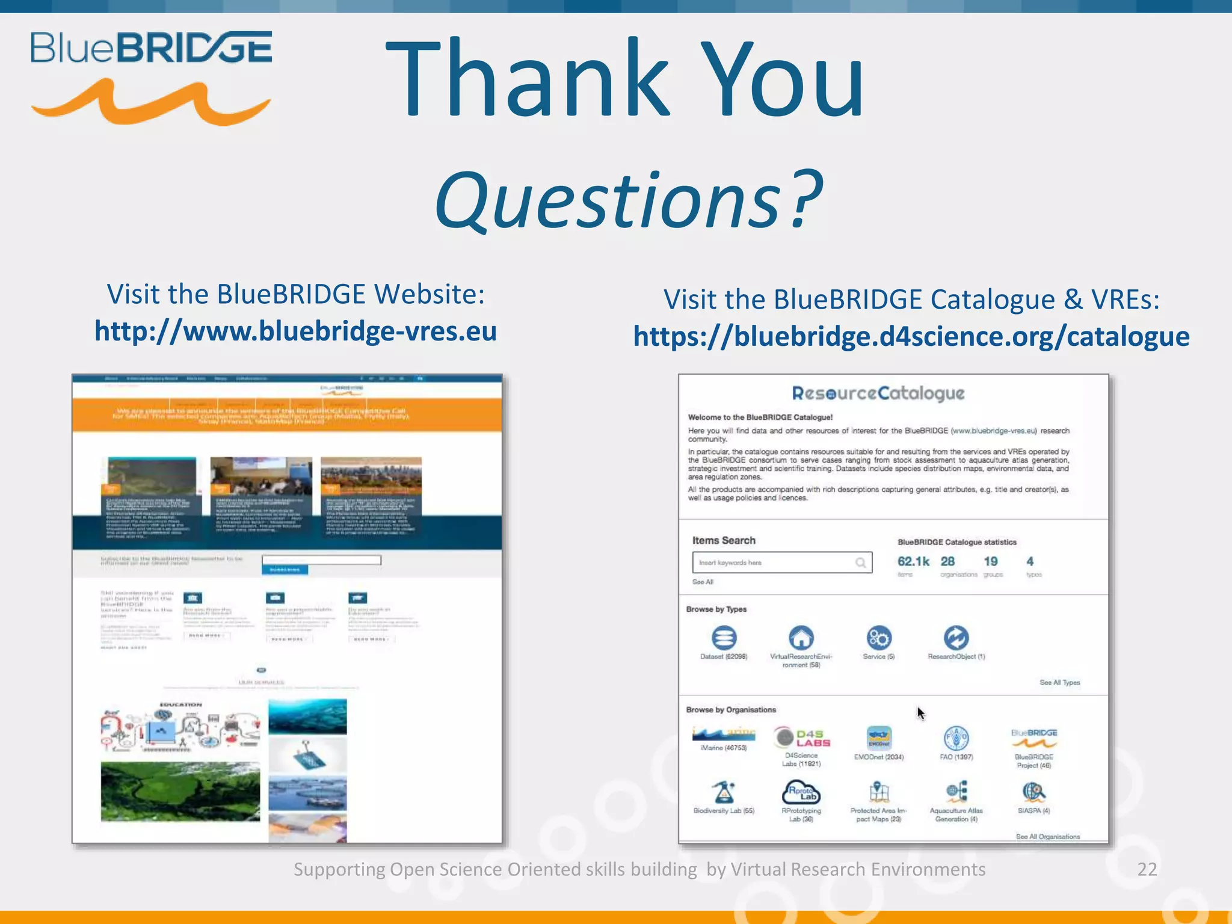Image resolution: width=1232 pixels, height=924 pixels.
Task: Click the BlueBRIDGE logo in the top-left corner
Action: [151, 77]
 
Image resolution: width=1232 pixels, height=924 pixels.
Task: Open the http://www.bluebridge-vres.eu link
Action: [295, 331]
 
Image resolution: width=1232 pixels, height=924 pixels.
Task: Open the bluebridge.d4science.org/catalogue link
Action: [911, 336]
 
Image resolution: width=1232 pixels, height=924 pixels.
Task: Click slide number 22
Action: [1147, 869]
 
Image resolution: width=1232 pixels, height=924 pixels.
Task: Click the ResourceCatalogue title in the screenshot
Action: [878, 393]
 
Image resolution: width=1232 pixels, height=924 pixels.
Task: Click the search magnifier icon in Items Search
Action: [861, 562]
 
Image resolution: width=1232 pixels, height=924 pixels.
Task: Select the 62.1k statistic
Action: [913, 561]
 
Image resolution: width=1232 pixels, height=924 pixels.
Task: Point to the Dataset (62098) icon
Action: [724, 638]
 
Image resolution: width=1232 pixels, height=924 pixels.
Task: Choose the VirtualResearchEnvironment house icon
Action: [801, 638]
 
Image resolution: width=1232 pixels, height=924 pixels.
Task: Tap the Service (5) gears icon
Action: [879, 638]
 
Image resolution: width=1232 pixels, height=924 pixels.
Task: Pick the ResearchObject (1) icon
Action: [956, 638]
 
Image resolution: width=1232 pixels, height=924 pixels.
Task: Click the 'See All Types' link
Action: [1059, 683]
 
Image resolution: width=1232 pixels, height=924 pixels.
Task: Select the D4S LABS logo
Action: [802, 738]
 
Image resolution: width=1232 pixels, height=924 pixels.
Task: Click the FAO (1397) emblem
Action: [956, 738]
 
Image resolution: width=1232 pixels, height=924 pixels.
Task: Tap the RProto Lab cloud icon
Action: [801, 792]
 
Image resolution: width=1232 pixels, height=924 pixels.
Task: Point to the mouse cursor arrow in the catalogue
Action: [920, 713]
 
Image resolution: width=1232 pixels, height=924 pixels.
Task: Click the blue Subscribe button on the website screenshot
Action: [285, 570]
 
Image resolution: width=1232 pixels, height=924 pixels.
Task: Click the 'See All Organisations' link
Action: [1047, 837]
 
